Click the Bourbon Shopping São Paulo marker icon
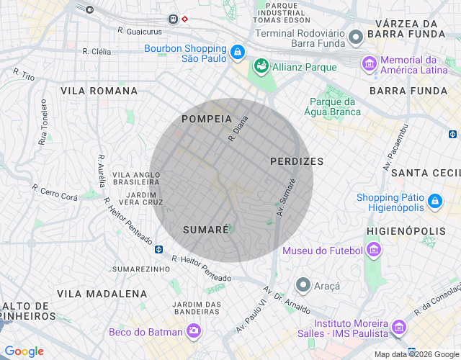238,53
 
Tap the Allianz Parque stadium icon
261,67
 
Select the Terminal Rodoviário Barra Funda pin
355,37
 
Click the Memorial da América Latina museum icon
370,64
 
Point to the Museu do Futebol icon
373,251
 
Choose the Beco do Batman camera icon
193,330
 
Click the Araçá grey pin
303,285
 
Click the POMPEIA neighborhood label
207,118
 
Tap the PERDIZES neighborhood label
297,161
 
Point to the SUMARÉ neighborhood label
205,229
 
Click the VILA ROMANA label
99,91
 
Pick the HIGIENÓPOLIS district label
406,230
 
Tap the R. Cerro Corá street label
55,192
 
